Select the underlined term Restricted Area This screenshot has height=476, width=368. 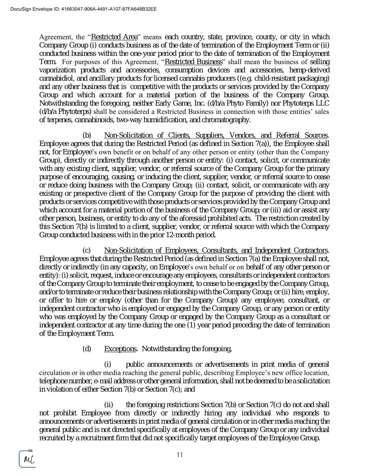tap(114, 37)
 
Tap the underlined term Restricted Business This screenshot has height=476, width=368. tap(193, 62)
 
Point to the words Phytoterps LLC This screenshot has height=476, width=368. tap(308, 103)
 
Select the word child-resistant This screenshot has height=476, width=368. tap(278, 78)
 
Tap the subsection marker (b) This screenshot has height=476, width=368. tap(87, 135)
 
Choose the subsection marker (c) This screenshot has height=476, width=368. tap(87, 250)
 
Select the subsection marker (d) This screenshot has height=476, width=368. tap(87, 349)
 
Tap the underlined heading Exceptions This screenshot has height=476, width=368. tap(120, 349)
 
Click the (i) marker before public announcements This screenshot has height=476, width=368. tap(108, 365)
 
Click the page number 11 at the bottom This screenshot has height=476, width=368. tap(180, 454)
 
